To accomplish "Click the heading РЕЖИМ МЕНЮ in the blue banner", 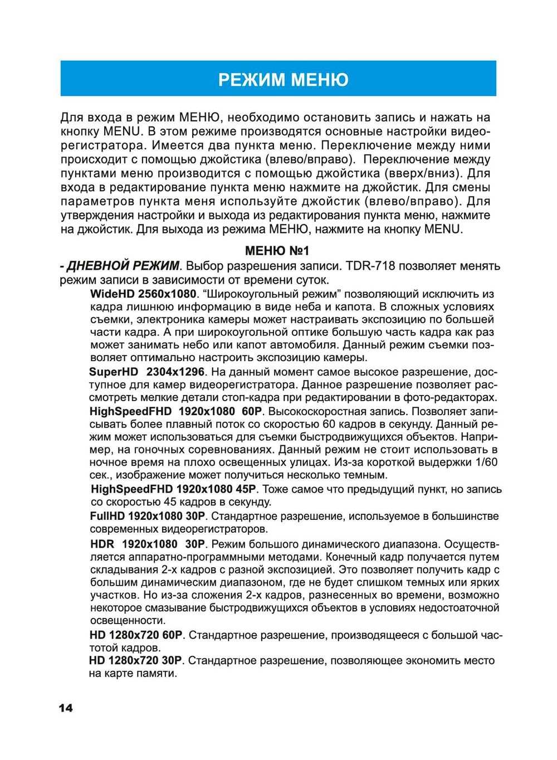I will point(283,80).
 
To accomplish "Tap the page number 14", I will point(65,708).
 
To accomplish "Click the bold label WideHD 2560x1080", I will point(143,293).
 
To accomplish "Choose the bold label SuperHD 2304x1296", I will point(147,371).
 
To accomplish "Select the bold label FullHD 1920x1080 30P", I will point(148,517).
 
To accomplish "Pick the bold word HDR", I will point(102,543).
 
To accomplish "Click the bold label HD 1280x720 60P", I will point(136,635).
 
